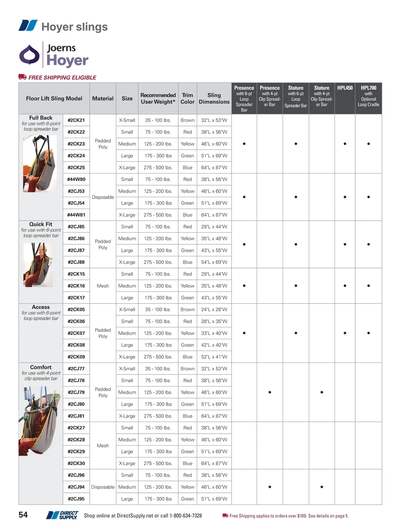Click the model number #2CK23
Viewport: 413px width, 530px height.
pos(76,144)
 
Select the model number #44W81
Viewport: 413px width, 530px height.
pos(76,215)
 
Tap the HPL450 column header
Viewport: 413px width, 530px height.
pos(345,88)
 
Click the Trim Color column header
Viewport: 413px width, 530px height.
pos(187,98)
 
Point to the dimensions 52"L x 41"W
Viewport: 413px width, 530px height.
pos(214,357)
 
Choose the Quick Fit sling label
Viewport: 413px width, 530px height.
pos(41,224)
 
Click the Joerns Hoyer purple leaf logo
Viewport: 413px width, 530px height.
pos(29,55)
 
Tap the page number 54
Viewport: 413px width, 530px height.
pos(23,515)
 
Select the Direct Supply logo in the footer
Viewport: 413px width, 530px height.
pos(63,515)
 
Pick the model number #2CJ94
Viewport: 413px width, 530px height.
pos(76,487)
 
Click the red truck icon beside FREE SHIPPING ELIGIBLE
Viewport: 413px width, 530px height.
pos(22,77)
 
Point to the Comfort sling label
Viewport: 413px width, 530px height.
pos(41,367)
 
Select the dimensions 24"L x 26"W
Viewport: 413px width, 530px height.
pos(214,309)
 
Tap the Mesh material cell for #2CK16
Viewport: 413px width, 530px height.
pos(103,286)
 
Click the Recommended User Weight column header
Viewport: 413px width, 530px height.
pos(158,98)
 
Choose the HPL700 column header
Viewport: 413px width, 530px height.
pos(368,88)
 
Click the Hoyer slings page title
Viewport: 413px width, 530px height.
pos(74,27)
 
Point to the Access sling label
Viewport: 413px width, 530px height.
pos(41,307)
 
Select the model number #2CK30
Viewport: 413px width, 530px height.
pos(76,463)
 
